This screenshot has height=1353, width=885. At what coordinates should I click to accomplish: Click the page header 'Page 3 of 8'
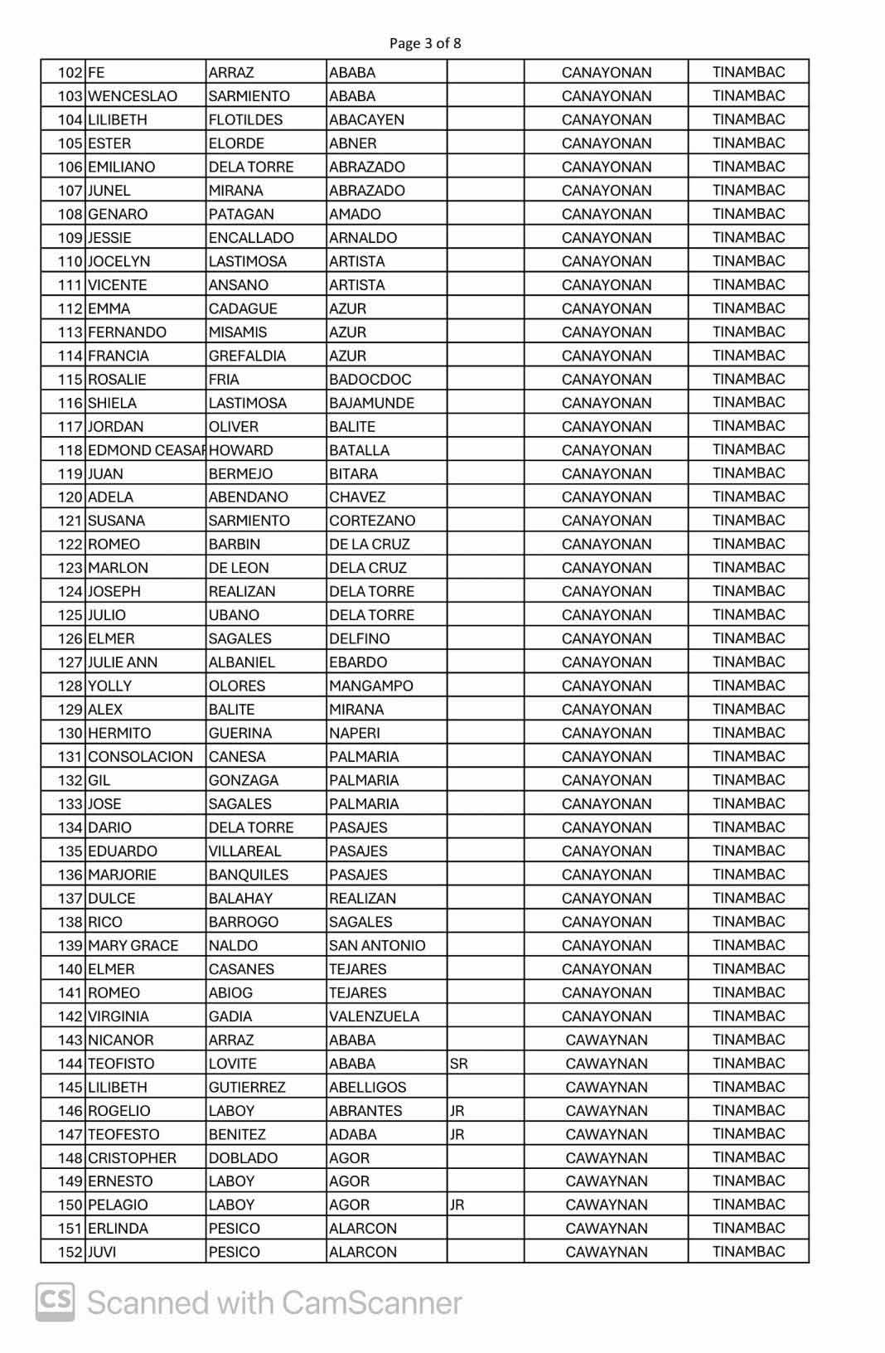[x=424, y=43]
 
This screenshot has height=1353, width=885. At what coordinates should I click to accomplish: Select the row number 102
[x=70, y=72]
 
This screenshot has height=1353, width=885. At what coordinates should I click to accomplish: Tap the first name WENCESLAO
[x=133, y=96]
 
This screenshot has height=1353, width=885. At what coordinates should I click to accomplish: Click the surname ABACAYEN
[x=366, y=119]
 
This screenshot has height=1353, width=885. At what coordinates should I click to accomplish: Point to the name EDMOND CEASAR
[x=146, y=450]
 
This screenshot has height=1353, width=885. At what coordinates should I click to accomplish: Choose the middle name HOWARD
[x=241, y=450]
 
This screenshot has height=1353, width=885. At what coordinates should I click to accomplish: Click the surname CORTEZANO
[x=372, y=521]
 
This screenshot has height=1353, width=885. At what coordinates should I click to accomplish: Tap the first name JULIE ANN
[x=123, y=662]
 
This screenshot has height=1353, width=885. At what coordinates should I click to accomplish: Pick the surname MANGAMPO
[x=370, y=686]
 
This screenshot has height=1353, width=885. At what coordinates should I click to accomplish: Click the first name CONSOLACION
[x=140, y=757]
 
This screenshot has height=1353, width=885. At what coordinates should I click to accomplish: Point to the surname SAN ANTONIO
[x=377, y=946]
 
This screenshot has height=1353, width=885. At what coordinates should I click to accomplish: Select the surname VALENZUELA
[x=374, y=1016]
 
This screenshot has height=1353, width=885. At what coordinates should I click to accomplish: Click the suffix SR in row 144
[x=458, y=1064]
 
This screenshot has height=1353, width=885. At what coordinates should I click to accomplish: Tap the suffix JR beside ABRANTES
[x=457, y=1111]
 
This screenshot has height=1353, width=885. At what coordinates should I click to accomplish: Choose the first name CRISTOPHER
[x=132, y=1158]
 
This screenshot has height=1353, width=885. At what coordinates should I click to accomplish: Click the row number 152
[x=70, y=1252]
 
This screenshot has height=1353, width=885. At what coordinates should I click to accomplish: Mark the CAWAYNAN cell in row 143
[x=606, y=1040]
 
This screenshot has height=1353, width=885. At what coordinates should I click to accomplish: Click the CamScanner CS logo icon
[x=55, y=1302]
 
